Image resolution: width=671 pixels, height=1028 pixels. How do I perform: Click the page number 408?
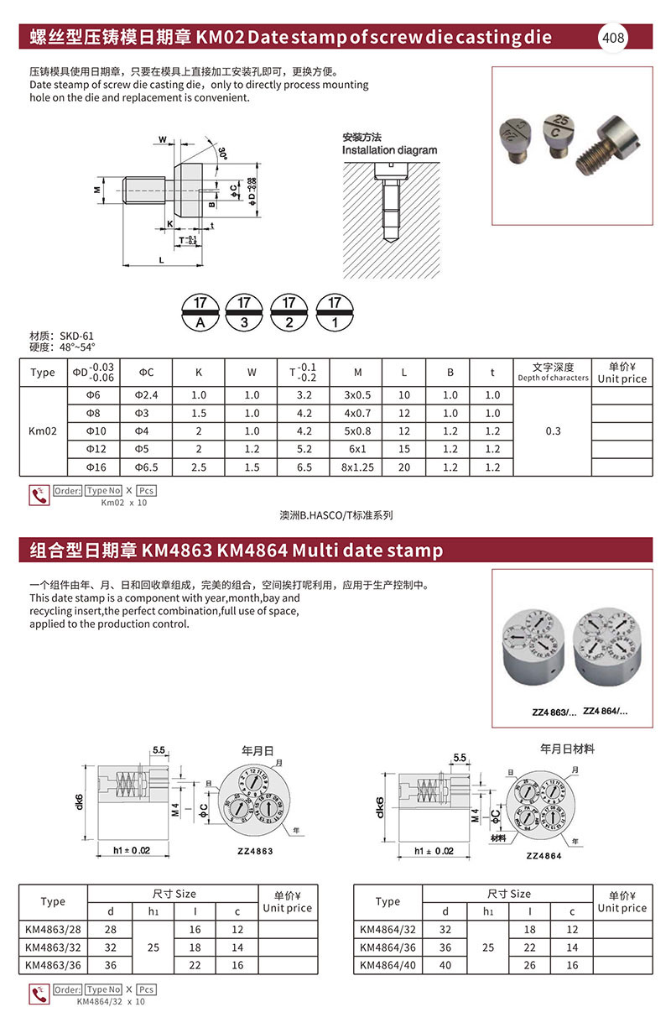613,38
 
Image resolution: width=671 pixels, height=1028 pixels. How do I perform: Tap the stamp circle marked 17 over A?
200,312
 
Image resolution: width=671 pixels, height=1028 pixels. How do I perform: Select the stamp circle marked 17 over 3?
245,312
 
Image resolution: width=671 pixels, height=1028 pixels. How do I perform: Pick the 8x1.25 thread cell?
358,467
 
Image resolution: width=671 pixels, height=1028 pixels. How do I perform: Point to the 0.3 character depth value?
553,431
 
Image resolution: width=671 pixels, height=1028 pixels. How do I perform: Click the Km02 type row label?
42,431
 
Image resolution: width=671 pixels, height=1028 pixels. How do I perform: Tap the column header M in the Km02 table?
358,373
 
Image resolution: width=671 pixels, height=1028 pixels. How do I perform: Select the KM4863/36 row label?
52,965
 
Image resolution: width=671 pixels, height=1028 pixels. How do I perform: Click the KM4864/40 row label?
388,965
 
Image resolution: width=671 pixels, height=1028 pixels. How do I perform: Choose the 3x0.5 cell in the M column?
358,395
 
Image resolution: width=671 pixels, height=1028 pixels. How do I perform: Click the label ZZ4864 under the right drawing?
543,855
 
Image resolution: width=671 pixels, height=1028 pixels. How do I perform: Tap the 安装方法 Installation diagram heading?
389,144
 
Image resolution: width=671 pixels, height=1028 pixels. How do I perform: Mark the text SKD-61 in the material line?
76,336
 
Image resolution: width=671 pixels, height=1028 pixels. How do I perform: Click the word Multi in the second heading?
318,551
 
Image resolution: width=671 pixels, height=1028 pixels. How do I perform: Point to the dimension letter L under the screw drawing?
159,261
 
